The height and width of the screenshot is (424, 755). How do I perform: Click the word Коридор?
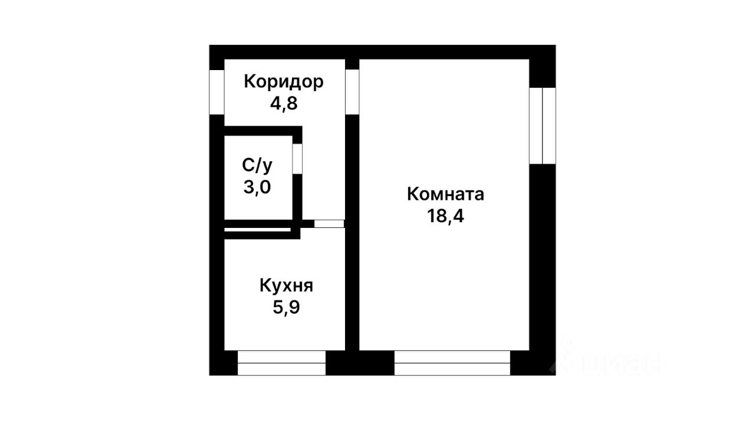pyautogui.click(x=284, y=81)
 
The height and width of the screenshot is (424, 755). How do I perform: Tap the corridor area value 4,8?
pyautogui.click(x=284, y=104)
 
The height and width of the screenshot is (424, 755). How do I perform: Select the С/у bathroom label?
pyautogui.click(x=257, y=165)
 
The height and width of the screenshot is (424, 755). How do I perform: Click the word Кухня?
pyautogui.click(x=286, y=286)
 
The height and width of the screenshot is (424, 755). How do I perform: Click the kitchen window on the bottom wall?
pyautogui.click(x=281, y=363)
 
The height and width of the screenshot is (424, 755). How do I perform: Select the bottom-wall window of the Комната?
pyautogui.click(x=452, y=363)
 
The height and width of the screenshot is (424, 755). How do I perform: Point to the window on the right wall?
pyautogui.click(x=542, y=125)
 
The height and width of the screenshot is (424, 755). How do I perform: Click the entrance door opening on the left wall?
pyautogui.click(x=217, y=92)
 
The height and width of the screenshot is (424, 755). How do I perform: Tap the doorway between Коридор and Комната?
pyautogui.click(x=352, y=91)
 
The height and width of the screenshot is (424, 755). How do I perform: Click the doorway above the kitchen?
pyautogui.click(x=329, y=224)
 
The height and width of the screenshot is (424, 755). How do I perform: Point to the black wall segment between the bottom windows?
pyautogui.click(x=360, y=363)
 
